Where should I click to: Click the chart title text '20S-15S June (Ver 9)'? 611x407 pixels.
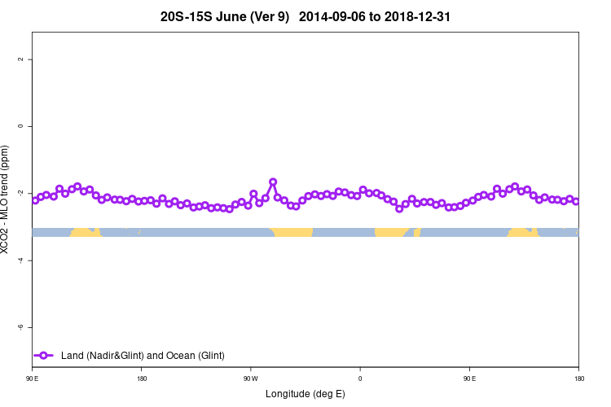click(224, 16)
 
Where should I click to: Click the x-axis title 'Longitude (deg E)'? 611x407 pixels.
click(305, 394)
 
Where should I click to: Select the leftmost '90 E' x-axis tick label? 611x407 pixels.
click(33, 378)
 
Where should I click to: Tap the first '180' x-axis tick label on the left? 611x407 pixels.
click(142, 378)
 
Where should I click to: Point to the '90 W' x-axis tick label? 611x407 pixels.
click(250, 378)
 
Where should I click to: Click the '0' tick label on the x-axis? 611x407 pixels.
click(360, 378)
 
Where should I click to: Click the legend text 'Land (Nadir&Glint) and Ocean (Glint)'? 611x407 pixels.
click(143, 356)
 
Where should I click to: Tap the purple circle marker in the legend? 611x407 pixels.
click(44, 356)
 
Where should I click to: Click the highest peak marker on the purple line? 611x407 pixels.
click(273, 182)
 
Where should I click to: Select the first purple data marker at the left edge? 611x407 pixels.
click(35, 199)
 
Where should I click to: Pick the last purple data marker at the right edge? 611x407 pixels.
click(576, 201)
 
